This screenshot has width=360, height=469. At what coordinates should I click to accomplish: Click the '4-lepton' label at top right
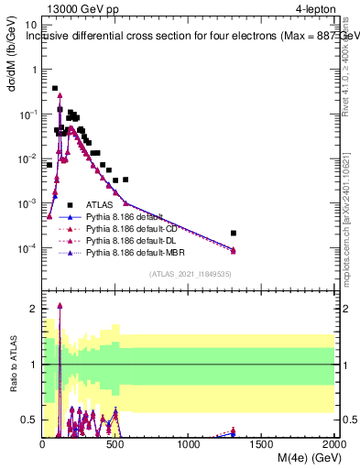317,9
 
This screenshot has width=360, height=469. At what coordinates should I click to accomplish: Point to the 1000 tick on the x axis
190,443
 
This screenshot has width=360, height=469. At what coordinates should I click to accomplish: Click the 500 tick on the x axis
116,443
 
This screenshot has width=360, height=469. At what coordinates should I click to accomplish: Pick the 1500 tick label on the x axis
262,443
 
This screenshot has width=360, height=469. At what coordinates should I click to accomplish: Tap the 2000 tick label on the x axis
334,443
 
